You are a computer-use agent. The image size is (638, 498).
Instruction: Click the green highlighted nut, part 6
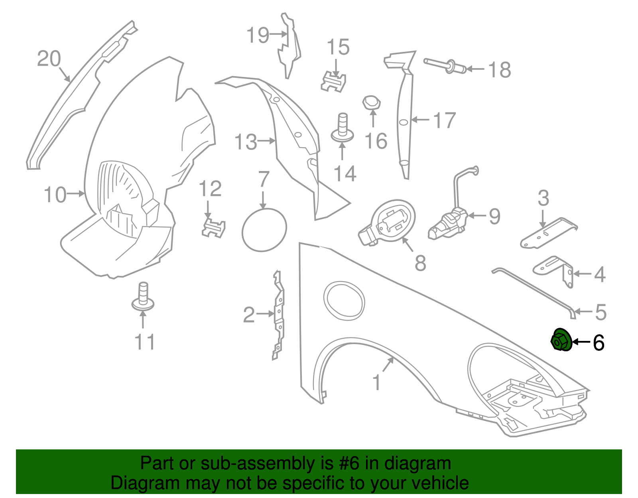pyautogui.click(x=561, y=340)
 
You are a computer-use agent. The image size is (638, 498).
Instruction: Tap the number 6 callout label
pyautogui.click(x=599, y=342)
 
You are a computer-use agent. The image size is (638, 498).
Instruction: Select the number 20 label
pyautogui.click(x=49, y=58)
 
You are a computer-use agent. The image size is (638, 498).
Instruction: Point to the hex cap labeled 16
pyautogui.click(x=371, y=102)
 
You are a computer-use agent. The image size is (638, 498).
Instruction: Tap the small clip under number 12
pyautogui.click(x=213, y=227)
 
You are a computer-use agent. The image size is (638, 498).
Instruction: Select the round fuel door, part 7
pyautogui.click(x=264, y=230)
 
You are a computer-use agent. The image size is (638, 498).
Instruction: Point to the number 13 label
pyautogui.click(x=246, y=142)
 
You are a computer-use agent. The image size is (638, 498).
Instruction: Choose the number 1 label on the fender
pyautogui.click(x=376, y=382)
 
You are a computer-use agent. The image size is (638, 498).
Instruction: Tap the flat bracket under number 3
pyautogui.click(x=548, y=233)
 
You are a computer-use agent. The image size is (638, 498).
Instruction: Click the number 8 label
pyautogui.click(x=420, y=263)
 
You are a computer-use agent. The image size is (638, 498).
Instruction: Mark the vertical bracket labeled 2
pyautogui.click(x=279, y=315)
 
